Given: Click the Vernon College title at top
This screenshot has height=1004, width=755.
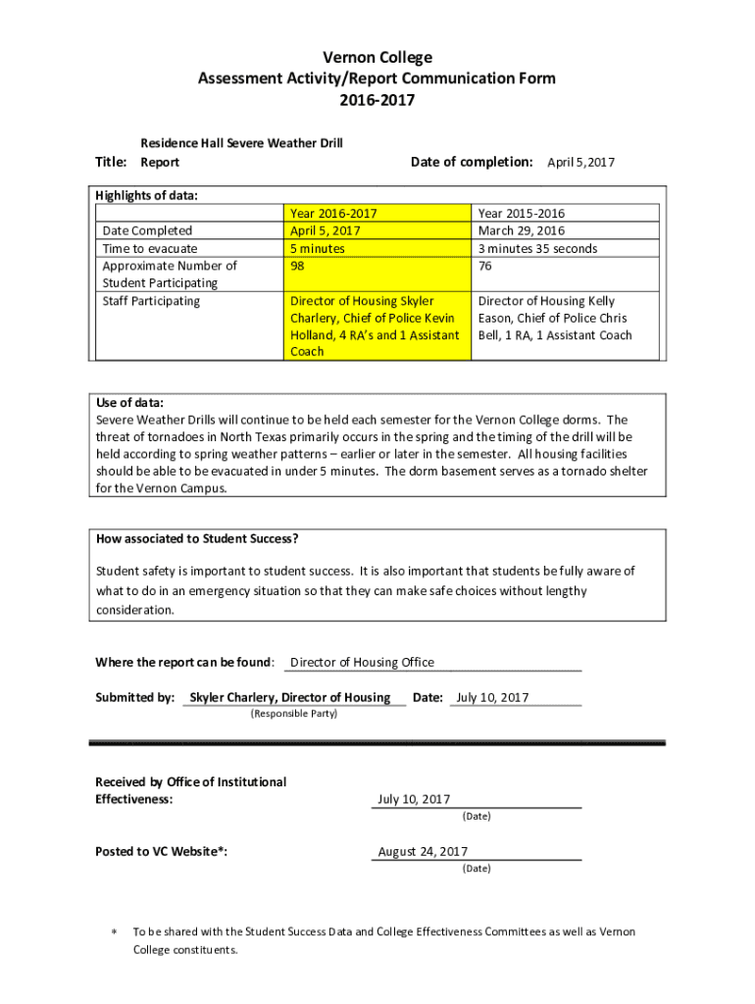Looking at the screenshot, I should click(x=377, y=58).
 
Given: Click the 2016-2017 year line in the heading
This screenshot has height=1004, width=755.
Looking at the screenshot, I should click(x=377, y=99).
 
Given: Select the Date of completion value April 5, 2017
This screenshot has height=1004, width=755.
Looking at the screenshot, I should click(x=580, y=163).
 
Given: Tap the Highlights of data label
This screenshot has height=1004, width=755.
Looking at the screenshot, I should click(x=147, y=195).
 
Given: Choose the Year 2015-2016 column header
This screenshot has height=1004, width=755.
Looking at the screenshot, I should click(x=521, y=213).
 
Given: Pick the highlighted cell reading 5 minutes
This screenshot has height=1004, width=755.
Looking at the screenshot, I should click(x=318, y=248).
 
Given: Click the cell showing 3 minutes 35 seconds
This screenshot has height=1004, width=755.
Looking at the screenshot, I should click(x=537, y=248).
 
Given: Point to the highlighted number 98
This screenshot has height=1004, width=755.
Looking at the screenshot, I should click(x=298, y=266).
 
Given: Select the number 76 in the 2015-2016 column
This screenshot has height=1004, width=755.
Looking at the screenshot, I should click(x=485, y=266).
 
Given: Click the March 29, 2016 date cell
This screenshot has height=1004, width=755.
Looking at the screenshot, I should click(x=521, y=230).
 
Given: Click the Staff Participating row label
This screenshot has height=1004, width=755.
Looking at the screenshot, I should click(x=151, y=301).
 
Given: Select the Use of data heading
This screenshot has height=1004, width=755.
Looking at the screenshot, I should click(x=129, y=403).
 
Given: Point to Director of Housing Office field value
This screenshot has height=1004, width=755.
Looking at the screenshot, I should click(x=362, y=662).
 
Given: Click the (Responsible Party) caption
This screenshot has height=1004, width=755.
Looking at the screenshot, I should click(x=294, y=714).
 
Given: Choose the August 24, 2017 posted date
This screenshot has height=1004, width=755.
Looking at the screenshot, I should click(x=423, y=851).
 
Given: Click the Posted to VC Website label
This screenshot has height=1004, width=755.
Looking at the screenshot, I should click(x=162, y=851).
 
